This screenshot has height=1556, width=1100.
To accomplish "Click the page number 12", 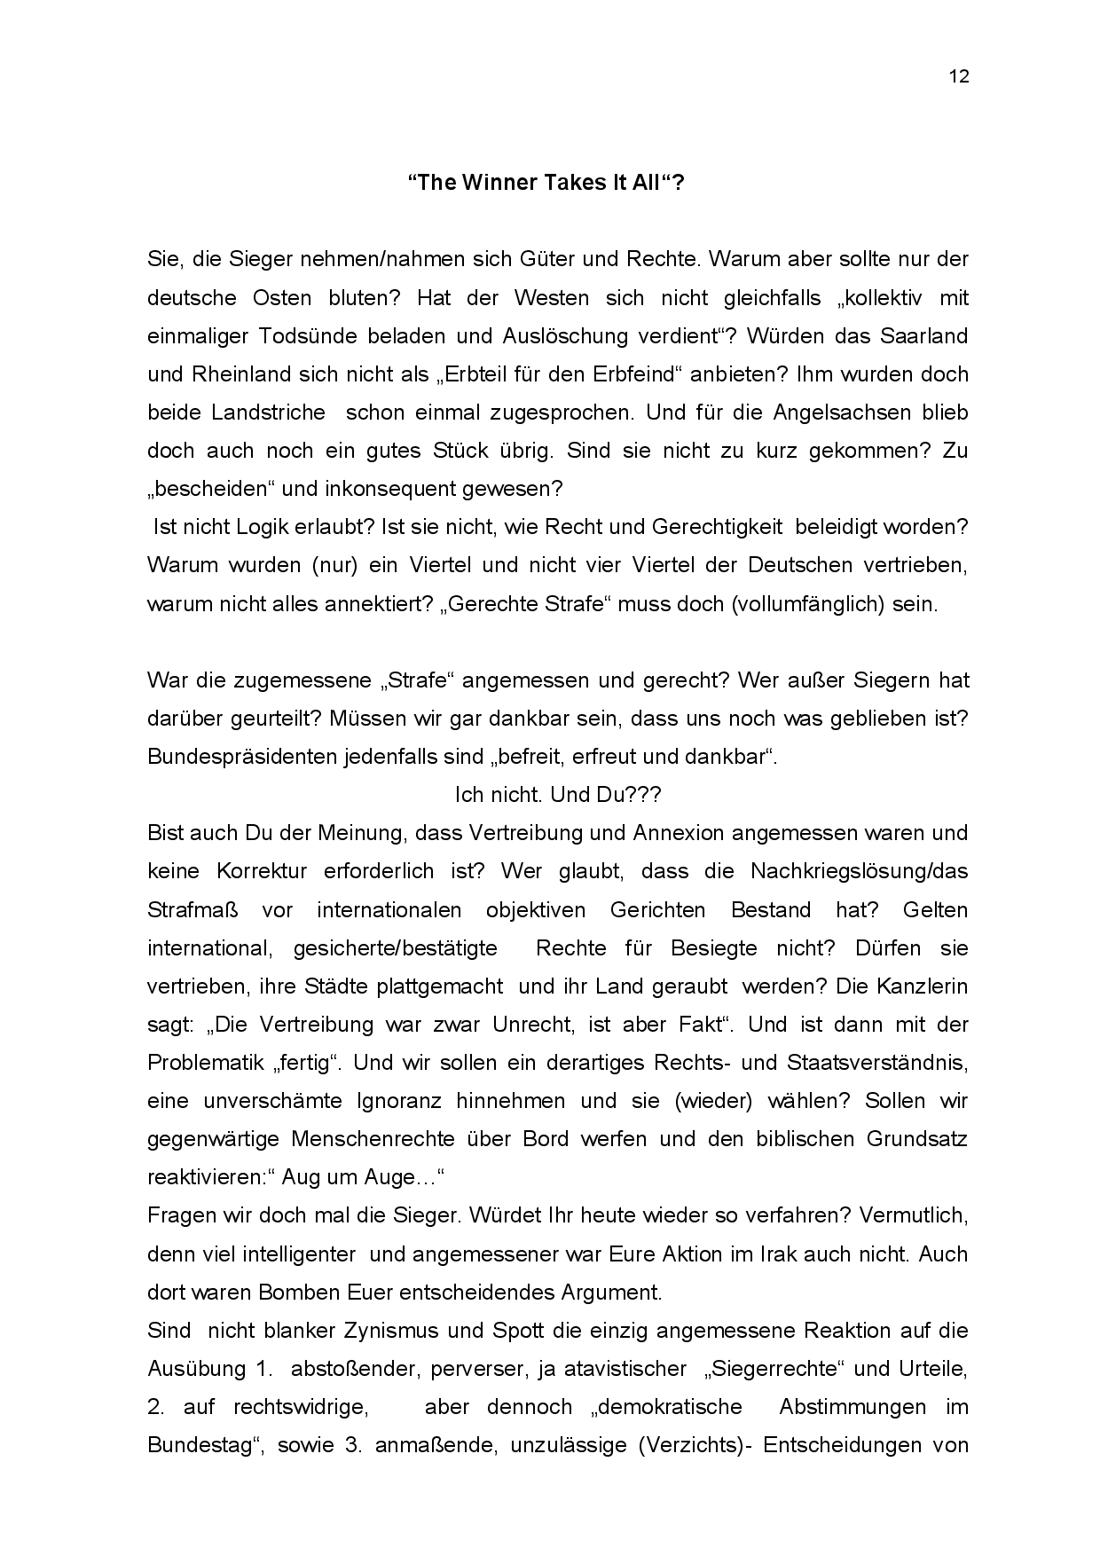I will pyautogui.click(x=959, y=76).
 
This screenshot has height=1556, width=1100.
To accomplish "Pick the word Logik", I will pyautogui.click(x=267, y=527).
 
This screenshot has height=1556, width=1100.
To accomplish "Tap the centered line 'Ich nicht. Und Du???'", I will pyautogui.click(x=557, y=795).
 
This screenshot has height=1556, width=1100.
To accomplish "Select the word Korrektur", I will pyautogui.click(x=261, y=871).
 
